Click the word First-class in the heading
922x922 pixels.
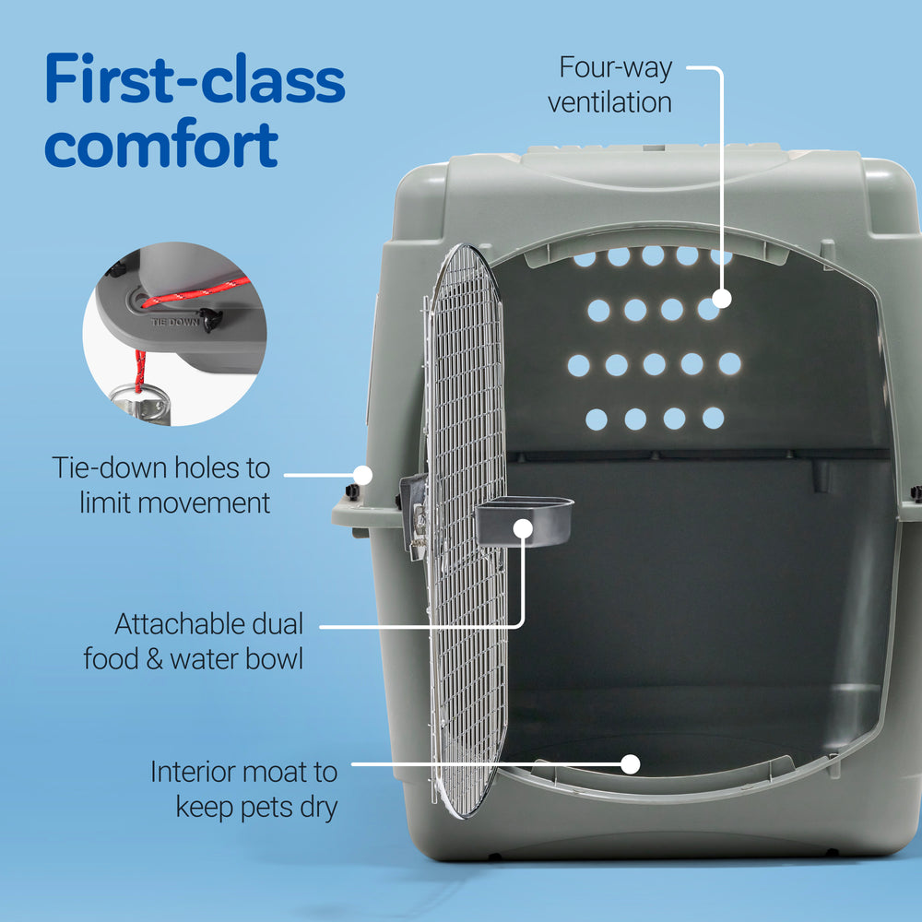click(195, 81)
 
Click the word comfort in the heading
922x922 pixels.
click(161, 144)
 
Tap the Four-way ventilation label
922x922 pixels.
click(611, 85)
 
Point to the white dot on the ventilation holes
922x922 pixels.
click(722, 299)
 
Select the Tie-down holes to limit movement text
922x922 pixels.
click(161, 484)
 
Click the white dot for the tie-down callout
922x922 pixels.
click(363, 476)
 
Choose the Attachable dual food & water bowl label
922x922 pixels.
click(195, 642)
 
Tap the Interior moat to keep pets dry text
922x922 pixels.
click(244, 789)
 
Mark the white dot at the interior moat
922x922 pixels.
click(631, 763)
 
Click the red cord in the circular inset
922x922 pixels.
click(194, 290)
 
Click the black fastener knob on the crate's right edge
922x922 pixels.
click(916, 492)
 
